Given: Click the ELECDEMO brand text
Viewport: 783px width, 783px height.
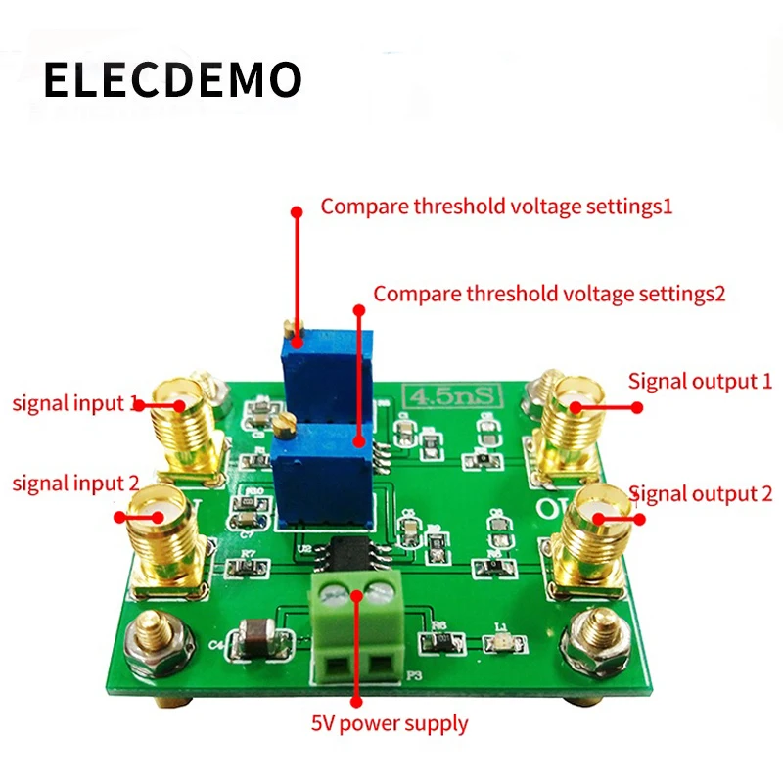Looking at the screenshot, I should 172,81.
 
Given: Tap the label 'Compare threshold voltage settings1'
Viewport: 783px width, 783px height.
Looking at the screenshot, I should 497,207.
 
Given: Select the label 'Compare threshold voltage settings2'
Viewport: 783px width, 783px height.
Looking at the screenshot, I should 549,293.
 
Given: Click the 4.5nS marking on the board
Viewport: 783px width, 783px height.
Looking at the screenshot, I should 442,397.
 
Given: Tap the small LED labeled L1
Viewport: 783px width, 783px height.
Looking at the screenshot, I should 500,644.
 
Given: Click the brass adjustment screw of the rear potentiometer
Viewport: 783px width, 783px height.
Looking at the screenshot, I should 285,330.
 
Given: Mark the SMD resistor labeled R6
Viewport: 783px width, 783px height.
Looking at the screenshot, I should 437,642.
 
